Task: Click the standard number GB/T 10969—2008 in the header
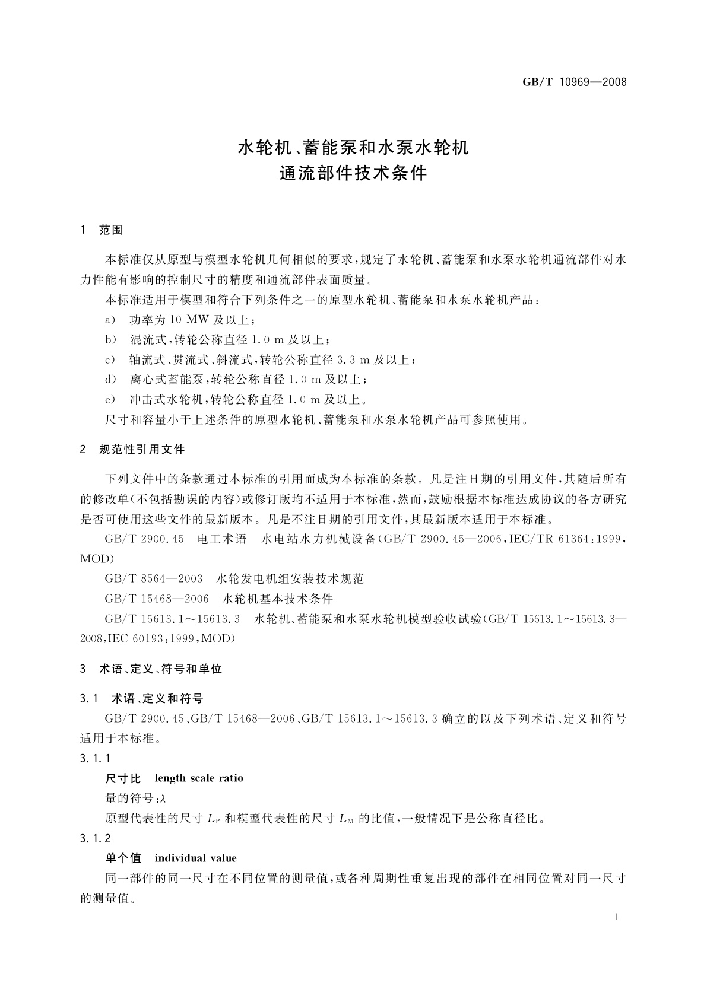point(574,82)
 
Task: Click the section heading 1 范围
point(102,230)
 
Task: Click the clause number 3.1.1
point(95,758)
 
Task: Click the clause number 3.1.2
point(95,838)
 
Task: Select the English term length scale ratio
point(199,778)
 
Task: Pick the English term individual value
point(195,858)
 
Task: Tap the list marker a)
point(110,320)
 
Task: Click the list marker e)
point(110,400)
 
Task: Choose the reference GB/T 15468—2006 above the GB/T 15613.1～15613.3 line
point(157,599)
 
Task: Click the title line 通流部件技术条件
point(353,174)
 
